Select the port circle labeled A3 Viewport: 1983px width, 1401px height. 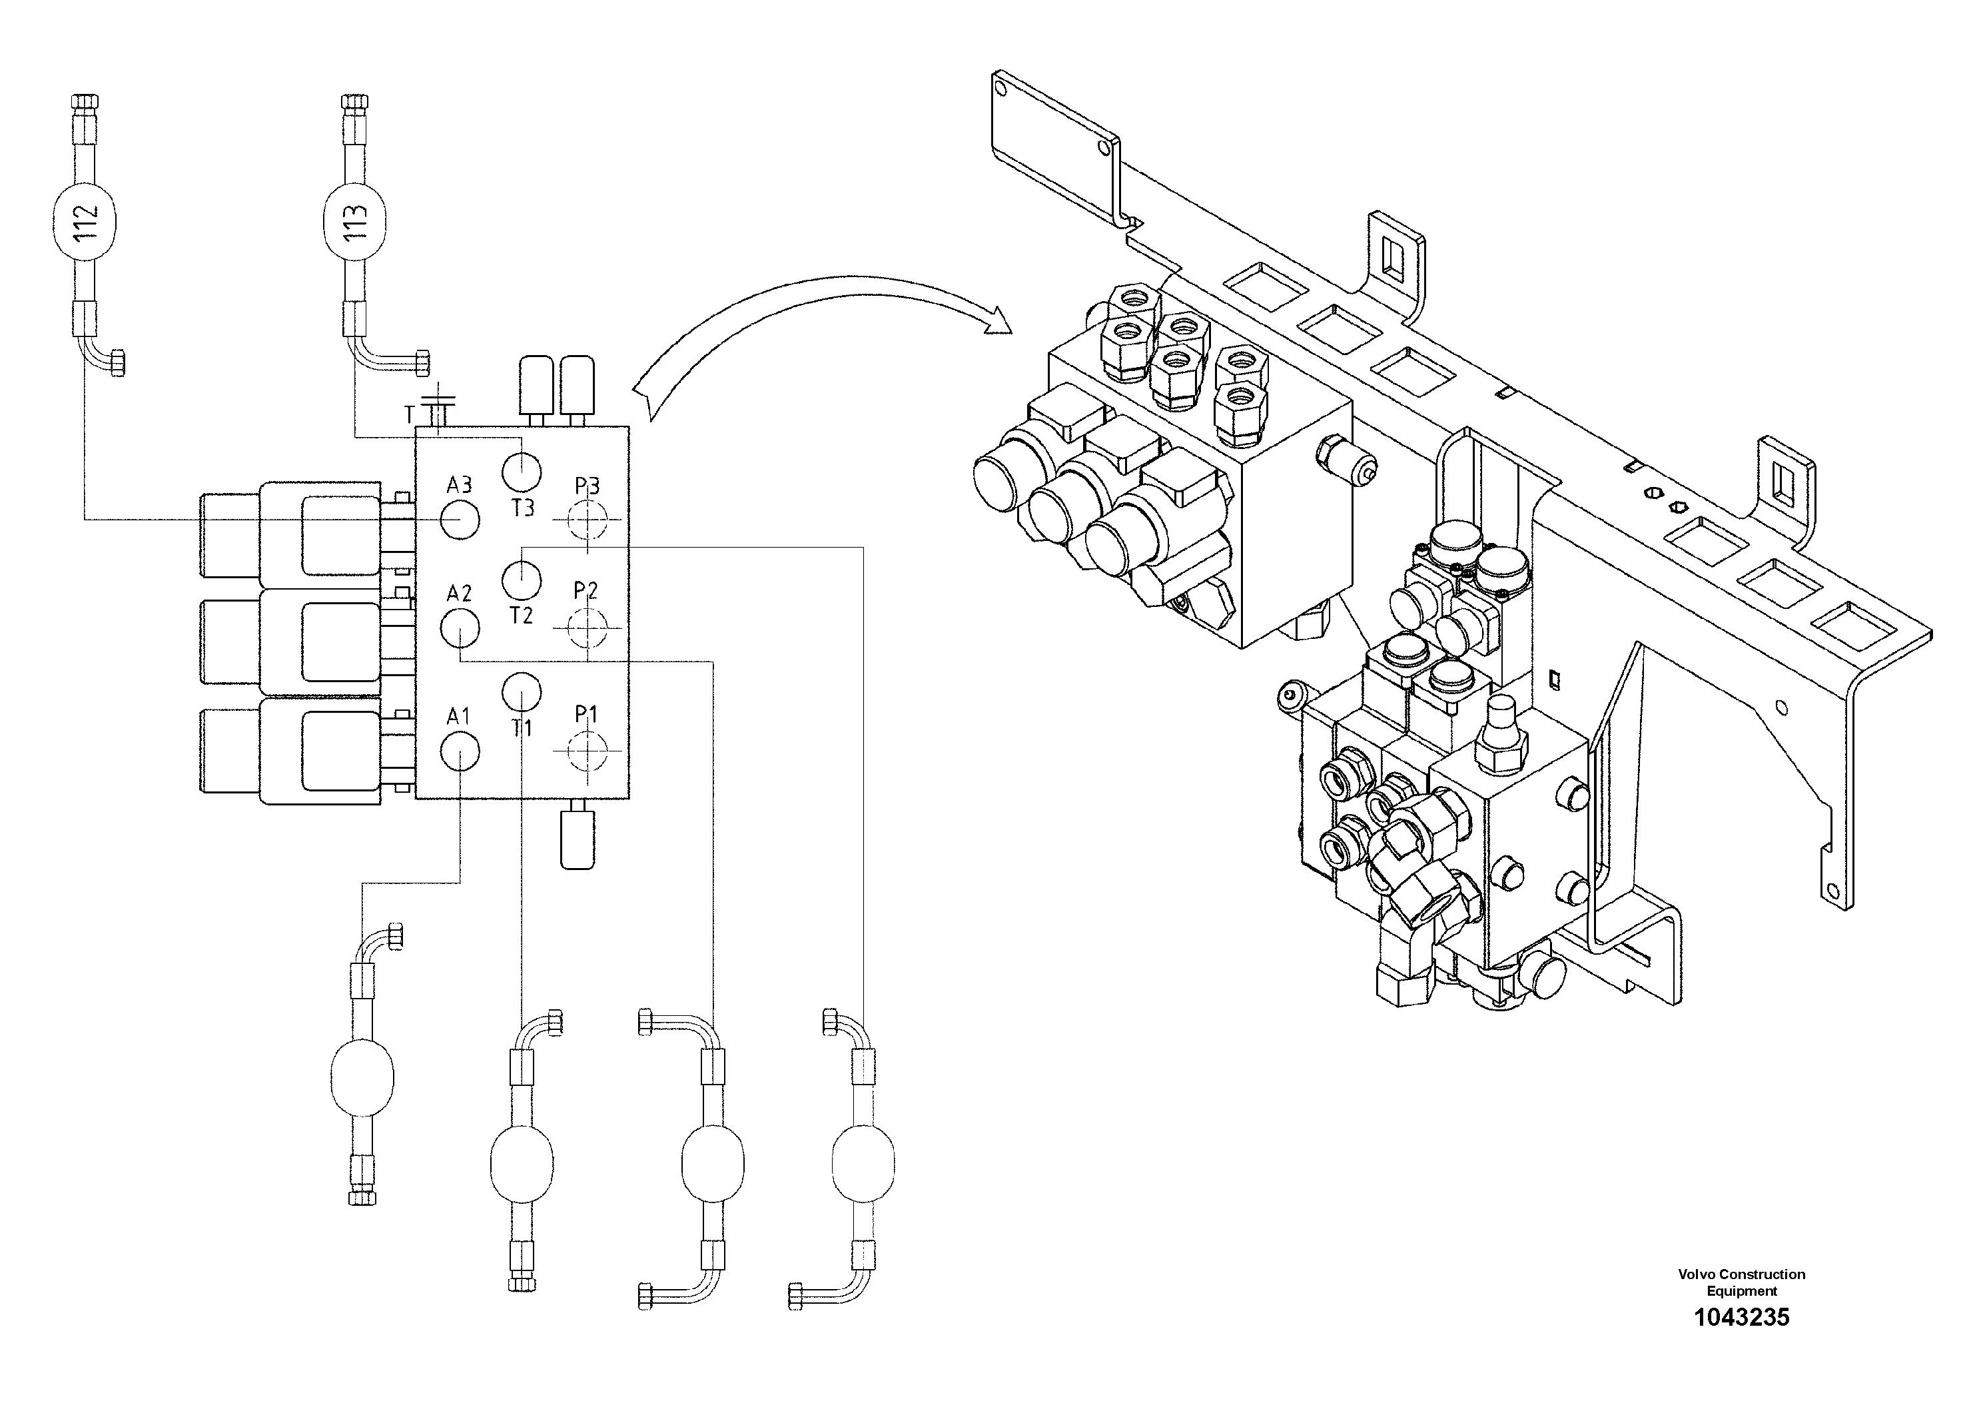tap(460, 519)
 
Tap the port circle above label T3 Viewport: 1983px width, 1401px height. tap(522, 472)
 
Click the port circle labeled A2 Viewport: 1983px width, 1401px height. tap(460, 628)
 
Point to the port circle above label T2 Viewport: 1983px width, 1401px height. tap(522, 580)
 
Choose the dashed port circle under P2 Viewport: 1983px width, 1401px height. tap(588, 628)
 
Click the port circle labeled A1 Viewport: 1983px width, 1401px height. tap(460, 751)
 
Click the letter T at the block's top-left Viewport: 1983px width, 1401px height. tap(410, 416)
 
